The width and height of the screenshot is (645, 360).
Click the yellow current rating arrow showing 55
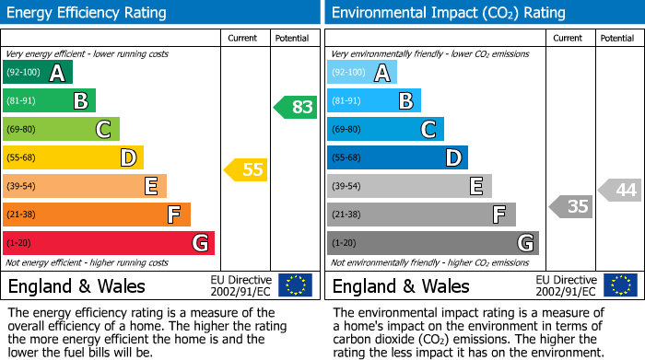pos(246,169)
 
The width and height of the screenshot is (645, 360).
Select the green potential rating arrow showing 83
pos(296,107)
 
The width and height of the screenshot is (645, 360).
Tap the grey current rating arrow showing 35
pos(570,206)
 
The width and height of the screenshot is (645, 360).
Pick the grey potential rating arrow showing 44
pos(620,191)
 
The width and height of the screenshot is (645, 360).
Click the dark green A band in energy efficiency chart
pos(38,73)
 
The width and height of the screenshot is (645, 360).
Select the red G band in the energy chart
pos(109,243)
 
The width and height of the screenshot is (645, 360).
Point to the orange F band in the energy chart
pos(97,215)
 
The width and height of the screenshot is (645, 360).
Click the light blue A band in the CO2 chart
pos(362,73)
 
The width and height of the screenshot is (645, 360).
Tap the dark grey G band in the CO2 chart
pos(432,243)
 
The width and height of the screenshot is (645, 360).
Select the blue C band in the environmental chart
pos(385,130)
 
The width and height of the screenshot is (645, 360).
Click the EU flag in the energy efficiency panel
pos(295,285)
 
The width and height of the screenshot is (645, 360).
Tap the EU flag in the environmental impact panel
pos(621,285)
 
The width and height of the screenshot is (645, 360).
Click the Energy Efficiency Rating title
pos(88,13)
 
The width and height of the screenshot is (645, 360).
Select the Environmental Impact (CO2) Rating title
pos(448,13)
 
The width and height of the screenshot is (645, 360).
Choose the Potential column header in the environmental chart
pos(617,38)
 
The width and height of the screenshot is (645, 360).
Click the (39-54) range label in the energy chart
pos(21,187)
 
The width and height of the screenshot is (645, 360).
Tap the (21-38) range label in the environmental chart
pos(346,215)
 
